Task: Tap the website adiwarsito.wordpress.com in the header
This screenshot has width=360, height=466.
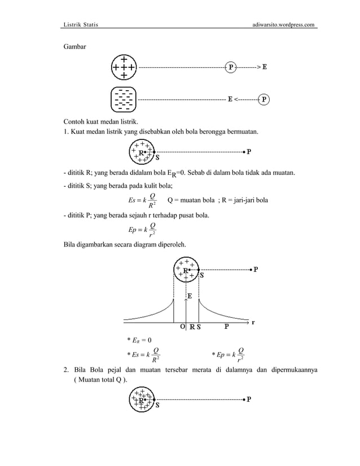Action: pyautogui.click(x=285, y=25)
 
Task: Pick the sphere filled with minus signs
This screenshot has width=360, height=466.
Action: pyautogui.click(x=123, y=99)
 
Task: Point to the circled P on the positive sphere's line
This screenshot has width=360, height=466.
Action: pyautogui.click(x=231, y=67)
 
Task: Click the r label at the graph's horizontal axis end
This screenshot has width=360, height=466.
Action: pyautogui.click(x=253, y=323)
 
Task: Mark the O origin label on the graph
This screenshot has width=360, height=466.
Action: pyautogui.click(x=182, y=327)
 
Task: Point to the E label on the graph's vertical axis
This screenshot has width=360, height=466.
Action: pyautogui.click(x=190, y=295)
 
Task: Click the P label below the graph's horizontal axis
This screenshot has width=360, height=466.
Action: pyautogui.click(x=227, y=327)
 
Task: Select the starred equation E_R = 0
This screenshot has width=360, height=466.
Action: pyautogui.click(x=139, y=339)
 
